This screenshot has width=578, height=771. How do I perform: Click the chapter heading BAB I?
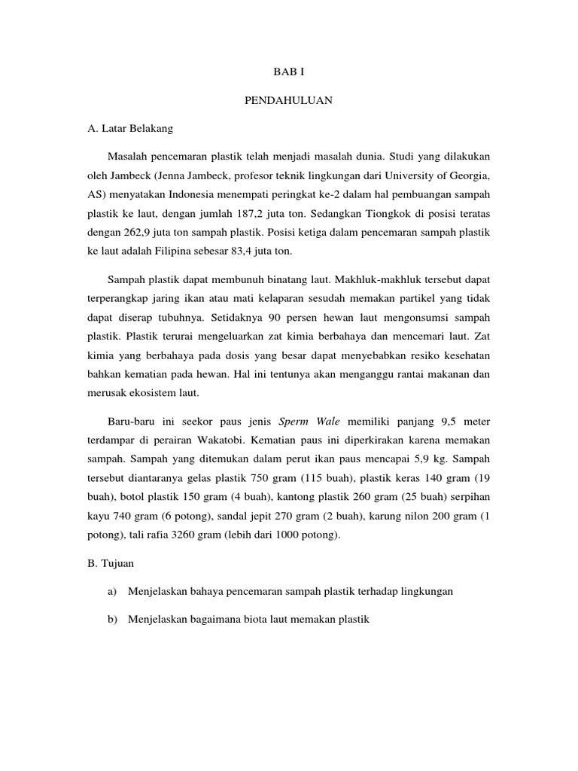[x=289, y=72]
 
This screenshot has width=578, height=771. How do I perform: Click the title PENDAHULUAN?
[x=289, y=100]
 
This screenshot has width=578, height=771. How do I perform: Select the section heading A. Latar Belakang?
[x=130, y=129]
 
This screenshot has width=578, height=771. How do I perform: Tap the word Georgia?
[x=468, y=177]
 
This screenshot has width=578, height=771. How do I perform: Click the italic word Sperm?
[x=294, y=422]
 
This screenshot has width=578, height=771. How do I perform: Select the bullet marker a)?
[x=113, y=592]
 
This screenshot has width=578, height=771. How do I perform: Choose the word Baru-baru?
[x=133, y=422]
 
